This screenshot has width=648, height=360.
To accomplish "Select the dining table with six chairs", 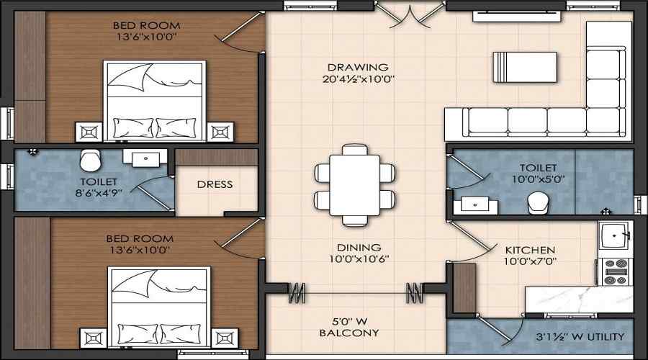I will pyautogui.click(x=354, y=184).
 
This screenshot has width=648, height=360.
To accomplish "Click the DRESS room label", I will pyautogui.click(x=215, y=184).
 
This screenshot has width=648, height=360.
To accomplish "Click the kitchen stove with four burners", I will pyautogui.click(x=616, y=271).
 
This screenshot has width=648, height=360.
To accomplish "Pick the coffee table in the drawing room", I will pyautogui.click(x=524, y=67).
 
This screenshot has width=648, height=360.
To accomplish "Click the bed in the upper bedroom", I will pyautogui.click(x=154, y=101).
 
